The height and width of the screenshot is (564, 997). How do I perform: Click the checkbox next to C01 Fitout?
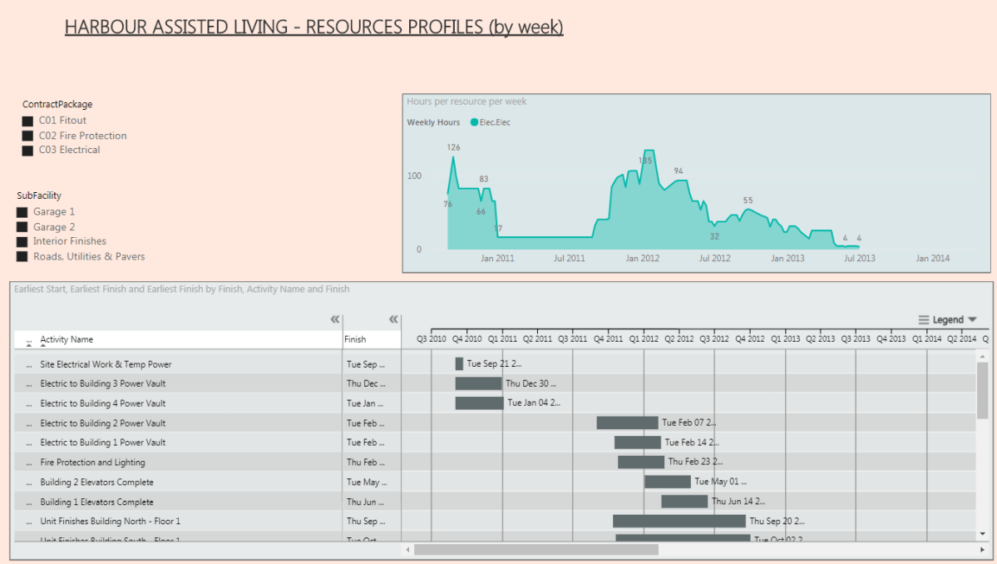coord(28,121)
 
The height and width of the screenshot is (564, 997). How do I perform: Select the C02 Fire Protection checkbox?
coord(28,136)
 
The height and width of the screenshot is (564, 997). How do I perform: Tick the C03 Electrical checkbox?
coord(28,151)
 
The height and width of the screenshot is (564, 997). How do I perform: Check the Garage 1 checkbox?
coord(22,212)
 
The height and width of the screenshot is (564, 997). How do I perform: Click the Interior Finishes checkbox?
coord(22,242)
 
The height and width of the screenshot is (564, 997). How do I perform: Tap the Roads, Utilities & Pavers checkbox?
coord(22,257)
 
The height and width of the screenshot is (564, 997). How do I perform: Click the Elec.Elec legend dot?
coord(474,122)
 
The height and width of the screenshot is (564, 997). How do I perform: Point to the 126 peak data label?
coord(453,148)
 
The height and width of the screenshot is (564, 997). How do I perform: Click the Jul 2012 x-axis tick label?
coord(714,259)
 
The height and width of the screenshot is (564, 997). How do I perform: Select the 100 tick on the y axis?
coord(413,176)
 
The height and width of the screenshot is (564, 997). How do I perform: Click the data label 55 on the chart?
coord(748,200)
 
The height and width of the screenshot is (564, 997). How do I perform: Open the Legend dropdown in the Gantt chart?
coord(948,319)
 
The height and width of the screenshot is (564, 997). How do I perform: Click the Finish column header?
coord(355,339)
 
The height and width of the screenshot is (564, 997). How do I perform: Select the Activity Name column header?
coord(67,339)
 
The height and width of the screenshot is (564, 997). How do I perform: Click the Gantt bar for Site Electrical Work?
coord(459,364)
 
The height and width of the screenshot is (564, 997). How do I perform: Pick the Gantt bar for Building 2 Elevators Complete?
coord(667,482)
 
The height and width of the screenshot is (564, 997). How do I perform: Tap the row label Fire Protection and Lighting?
coord(92,463)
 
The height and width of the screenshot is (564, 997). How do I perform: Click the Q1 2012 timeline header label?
coord(644,339)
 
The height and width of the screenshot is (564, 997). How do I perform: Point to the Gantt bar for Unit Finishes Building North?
coord(679,521)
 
